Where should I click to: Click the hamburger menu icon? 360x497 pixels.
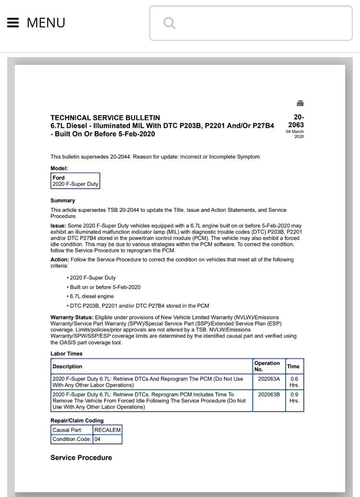pyautogui.click(x=13, y=23)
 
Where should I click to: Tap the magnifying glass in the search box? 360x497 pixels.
pyautogui.click(x=169, y=23)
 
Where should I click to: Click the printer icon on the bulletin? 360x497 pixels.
pyautogui.click(x=300, y=103)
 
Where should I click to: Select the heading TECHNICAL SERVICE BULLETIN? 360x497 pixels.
pyautogui.click(x=105, y=118)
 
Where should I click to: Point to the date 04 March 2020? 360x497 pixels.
pyautogui.click(x=295, y=134)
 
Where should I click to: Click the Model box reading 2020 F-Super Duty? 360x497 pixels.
pyautogui.click(x=75, y=181)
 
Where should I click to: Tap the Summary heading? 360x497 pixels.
pyautogui.click(x=63, y=201)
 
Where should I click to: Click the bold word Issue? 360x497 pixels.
pyautogui.click(x=58, y=226)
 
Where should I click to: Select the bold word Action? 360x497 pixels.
pyautogui.click(x=60, y=260)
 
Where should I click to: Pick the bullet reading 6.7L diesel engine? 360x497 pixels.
pyautogui.click(x=91, y=296)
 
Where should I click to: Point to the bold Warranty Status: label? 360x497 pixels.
pyautogui.click(x=72, y=317)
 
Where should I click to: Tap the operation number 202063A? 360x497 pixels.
pyautogui.click(x=269, y=379)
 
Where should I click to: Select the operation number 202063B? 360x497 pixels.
pyautogui.click(x=269, y=395)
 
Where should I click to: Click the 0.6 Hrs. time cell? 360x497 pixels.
pyautogui.click(x=294, y=382)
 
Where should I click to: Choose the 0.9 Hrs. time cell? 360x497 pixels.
pyautogui.click(x=294, y=397)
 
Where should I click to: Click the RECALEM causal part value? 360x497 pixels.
pyautogui.click(x=108, y=430)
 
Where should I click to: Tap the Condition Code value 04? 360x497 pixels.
pyautogui.click(x=97, y=439)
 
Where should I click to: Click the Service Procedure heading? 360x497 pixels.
pyautogui.click(x=81, y=458)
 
